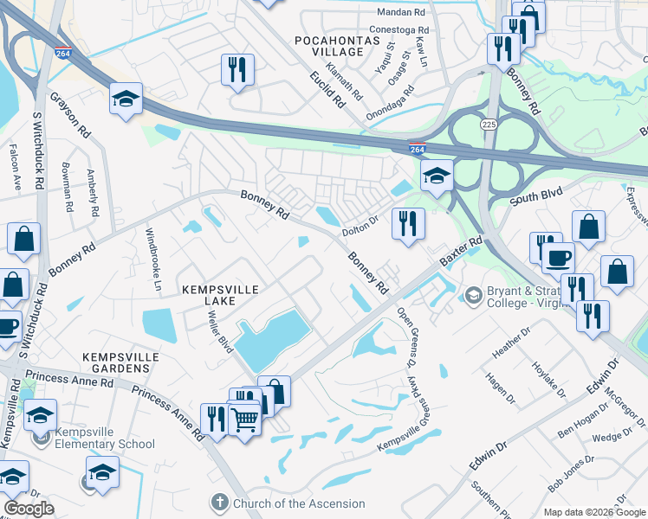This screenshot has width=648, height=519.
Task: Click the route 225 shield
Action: (489, 125)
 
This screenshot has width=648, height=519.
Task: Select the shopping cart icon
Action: (245, 420)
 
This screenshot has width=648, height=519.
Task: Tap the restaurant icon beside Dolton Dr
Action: (406, 224)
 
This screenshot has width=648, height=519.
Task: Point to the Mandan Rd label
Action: (403, 13)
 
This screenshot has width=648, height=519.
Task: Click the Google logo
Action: (29, 509)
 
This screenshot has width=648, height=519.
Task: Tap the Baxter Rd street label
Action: (460, 253)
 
